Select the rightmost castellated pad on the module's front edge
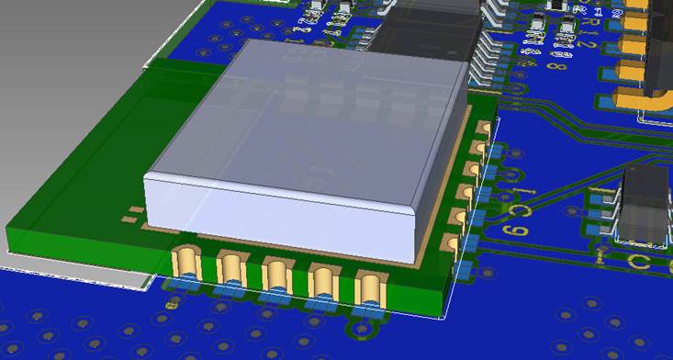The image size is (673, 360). click(x=369, y=287)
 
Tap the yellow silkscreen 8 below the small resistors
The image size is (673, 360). click(x=557, y=65)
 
